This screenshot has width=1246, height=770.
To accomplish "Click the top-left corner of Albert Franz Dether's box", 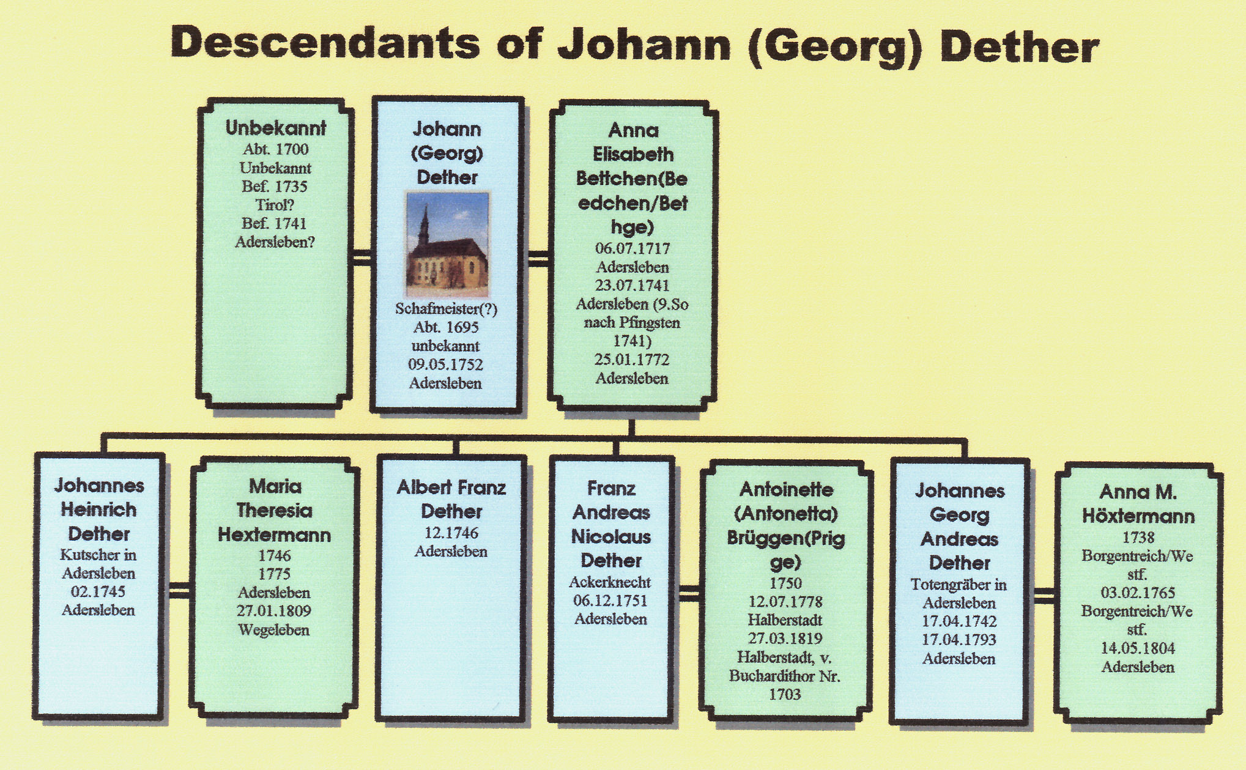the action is [x=377, y=456].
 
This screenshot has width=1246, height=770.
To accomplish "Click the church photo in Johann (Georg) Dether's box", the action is [x=447, y=243].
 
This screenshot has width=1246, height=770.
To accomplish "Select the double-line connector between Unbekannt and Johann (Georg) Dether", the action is [x=362, y=257].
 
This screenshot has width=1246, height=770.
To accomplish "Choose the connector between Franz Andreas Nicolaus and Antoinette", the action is [x=688, y=593].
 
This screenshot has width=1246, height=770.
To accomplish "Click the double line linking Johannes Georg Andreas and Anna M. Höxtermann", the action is [x=1043, y=595].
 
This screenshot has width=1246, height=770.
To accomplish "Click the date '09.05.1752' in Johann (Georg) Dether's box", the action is [x=446, y=365].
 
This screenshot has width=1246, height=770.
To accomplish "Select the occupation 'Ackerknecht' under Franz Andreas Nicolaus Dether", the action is [x=610, y=582].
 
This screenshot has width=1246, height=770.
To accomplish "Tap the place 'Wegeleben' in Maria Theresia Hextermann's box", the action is [x=273, y=630].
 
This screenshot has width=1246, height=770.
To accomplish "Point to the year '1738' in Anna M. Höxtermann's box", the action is [x=1138, y=538].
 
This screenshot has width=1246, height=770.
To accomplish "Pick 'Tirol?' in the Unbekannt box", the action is [x=275, y=205].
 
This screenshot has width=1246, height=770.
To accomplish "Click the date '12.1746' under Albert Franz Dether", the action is [x=451, y=533].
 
